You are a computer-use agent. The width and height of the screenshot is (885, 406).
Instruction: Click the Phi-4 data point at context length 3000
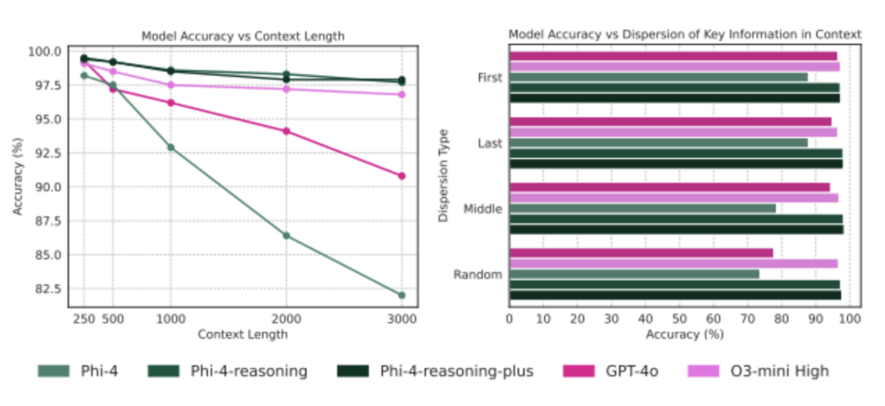[x=401, y=295]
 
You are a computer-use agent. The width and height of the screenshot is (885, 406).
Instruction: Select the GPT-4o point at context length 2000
[x=286, y=131]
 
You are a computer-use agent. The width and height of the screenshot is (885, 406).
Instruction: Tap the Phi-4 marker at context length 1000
[x=171, y=148]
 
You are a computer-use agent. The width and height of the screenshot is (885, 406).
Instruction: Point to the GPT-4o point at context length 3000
[x=401, y=176]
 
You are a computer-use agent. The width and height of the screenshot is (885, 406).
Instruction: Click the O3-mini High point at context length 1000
[x=171, y=85]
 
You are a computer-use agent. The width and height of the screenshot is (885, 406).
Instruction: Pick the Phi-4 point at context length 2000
[x=286, y=236]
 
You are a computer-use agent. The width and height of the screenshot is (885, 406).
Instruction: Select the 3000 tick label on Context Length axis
[x=401, y=320]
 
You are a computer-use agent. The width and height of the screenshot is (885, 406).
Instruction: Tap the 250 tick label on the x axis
[x=84, y=320]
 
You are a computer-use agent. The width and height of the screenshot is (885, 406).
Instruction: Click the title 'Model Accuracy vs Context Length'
[x=243, y=36]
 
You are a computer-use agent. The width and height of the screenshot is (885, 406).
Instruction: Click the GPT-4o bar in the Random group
[x=641, y=253]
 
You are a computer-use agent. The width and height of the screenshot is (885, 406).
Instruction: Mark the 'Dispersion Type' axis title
[x=443, y=176]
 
